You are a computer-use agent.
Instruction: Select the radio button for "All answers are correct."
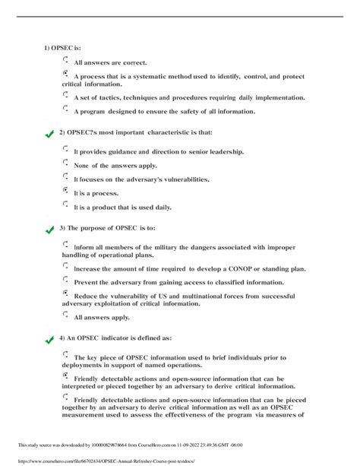point(66,59)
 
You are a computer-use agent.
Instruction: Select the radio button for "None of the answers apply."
point(66,163)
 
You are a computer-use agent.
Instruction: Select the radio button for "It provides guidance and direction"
point(66,149)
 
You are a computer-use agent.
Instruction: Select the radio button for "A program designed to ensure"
point(66,109)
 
